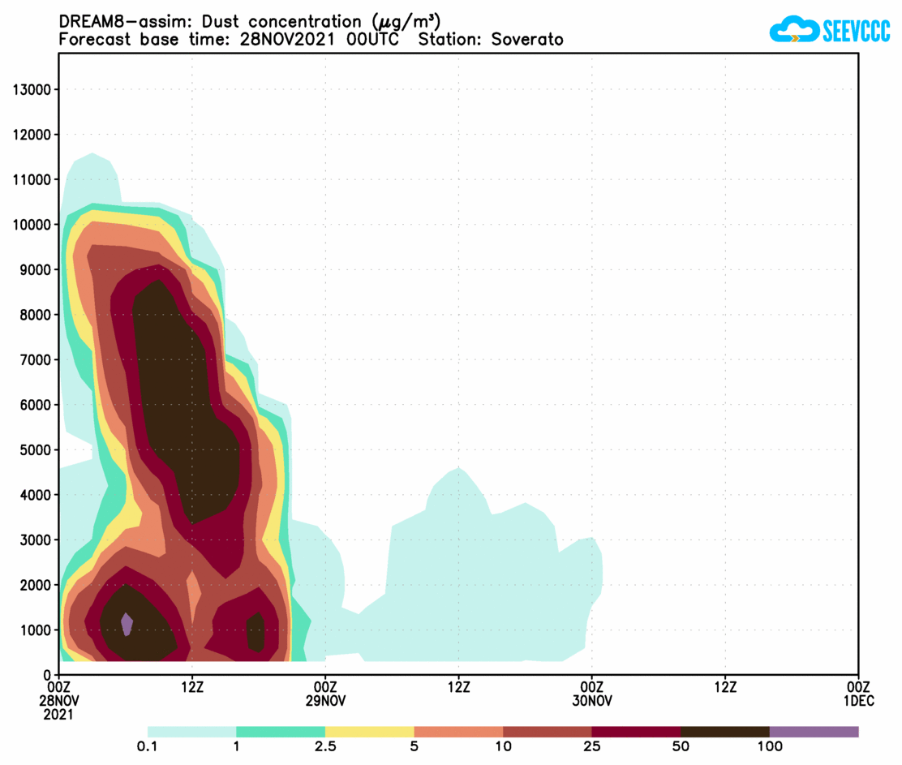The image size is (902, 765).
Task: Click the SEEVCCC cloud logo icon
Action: click(793, 30)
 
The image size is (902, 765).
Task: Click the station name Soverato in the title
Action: click(526, 40)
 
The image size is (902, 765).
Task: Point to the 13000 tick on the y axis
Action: click(33, 89)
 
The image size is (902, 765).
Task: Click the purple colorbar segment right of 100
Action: click(814, 732)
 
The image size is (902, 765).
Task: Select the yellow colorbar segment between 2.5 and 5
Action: click(369, 732)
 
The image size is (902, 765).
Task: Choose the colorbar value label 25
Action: click(592, 746)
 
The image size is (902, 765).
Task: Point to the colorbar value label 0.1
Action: click(148, 746)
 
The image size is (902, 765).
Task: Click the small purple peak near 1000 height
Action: click(127, 624)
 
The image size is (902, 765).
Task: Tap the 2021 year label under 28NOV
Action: click(59, 715)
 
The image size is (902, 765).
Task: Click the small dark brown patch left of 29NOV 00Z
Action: click(256, 632)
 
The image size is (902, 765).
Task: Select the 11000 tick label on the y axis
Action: click(33, 179)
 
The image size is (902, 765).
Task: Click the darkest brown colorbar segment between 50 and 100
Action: click(724, 732)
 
